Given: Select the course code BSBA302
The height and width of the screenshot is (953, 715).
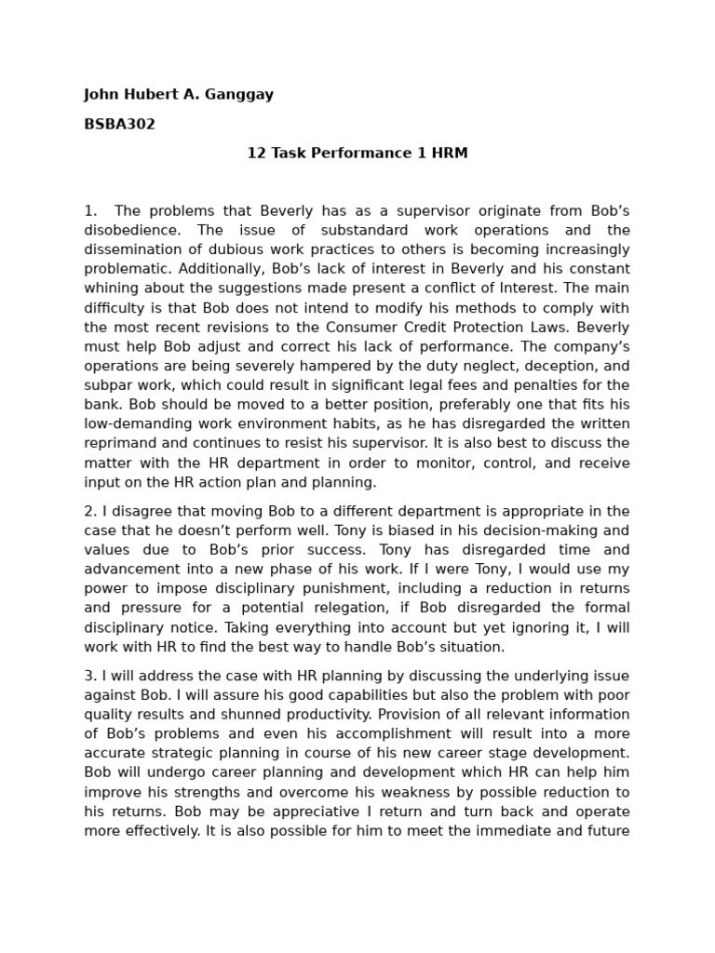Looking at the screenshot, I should (119, 124).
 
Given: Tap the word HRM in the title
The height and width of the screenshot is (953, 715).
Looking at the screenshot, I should (448, 154).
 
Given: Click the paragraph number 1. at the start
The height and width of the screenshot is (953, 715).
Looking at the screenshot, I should (90, 210).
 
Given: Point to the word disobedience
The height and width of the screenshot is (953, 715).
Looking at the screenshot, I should (129, 230).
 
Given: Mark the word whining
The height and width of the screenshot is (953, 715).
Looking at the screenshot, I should (111, 289).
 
